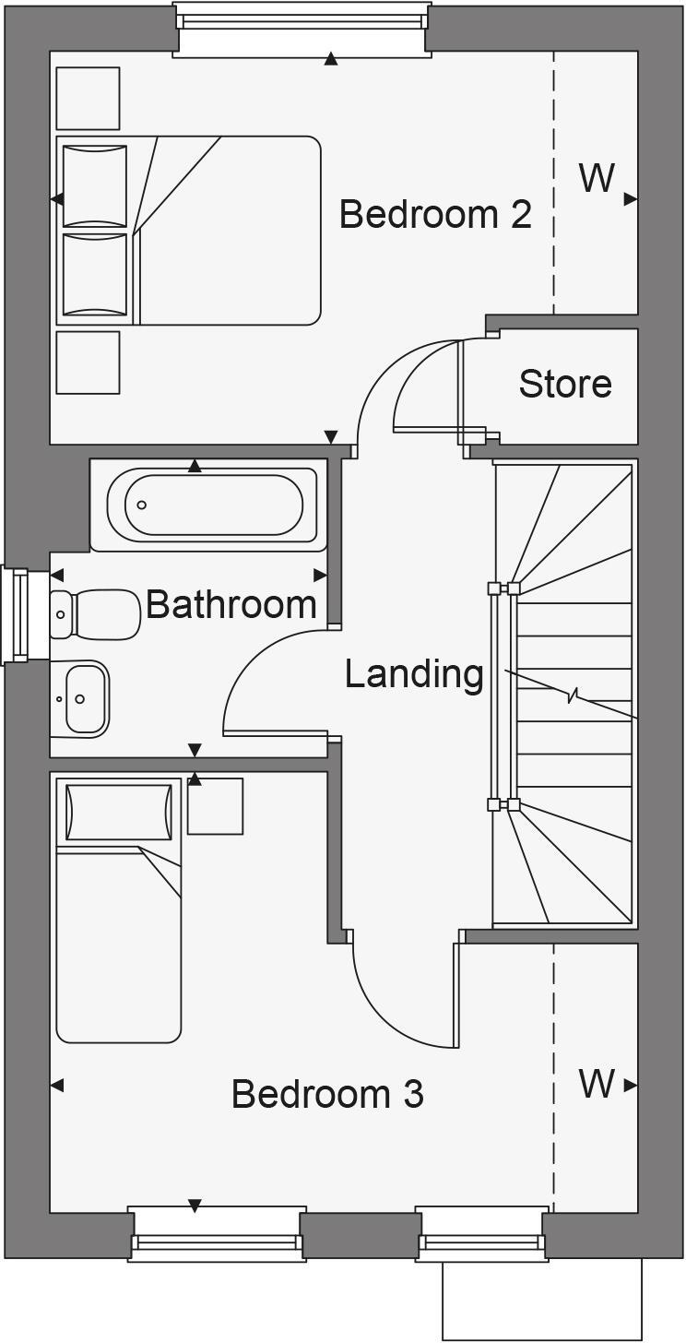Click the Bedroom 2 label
(435, 214)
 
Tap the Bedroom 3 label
(327, 1094)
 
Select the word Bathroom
(231, 605)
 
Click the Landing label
(414, 674)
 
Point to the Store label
(564, 384)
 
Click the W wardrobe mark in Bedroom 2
(597, 178)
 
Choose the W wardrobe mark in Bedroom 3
(597, 1084)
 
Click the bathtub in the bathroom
(212, 505)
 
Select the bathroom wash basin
(81, 699)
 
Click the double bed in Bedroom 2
(189, 231)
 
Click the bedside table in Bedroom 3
(215, 806)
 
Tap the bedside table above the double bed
(88, 98)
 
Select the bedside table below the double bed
(88, 362)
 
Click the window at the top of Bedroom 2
(302, 28)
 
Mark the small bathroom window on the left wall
(16, 615)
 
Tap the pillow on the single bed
(119, 813)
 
